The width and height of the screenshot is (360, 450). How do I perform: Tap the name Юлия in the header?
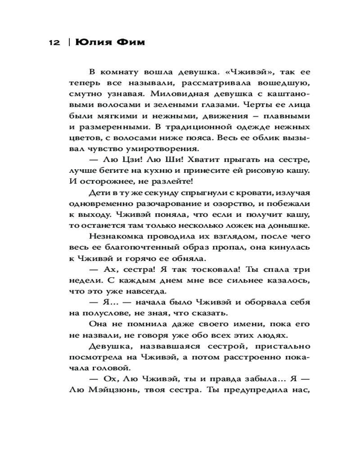click(90, 42)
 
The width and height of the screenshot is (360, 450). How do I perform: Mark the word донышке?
click(288, 225)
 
